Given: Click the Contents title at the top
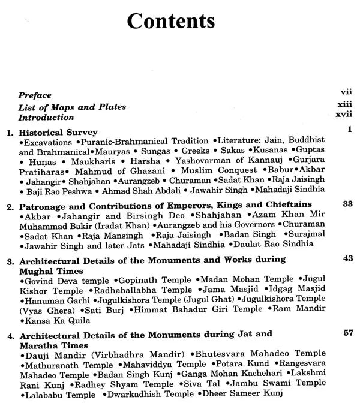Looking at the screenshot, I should click(171, 21).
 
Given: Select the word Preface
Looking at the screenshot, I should click(35, 95).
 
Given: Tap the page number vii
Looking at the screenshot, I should click(345, 92).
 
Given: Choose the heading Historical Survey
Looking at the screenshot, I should click(58, 131).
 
